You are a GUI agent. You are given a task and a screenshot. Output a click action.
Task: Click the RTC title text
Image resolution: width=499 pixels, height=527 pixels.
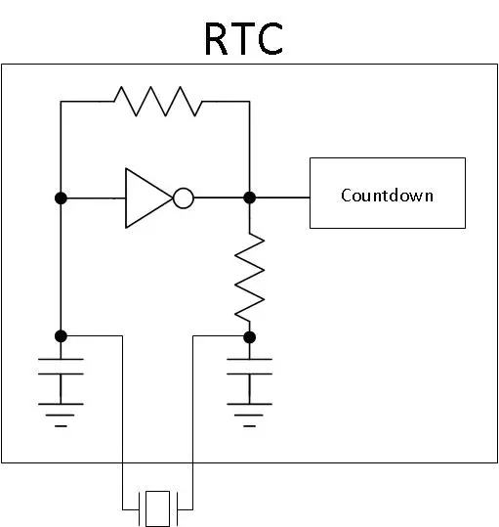tap(243, 39)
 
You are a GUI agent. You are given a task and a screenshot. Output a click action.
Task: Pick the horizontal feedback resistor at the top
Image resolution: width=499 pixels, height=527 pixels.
tap(158, 101)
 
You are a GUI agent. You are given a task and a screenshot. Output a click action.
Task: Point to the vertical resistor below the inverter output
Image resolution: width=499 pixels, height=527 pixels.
tap(249, 278)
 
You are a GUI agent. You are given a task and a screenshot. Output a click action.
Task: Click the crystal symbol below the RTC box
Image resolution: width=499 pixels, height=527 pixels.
tap(158, 508)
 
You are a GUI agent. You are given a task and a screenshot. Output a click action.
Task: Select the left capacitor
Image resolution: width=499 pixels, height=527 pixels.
tap(61, 367)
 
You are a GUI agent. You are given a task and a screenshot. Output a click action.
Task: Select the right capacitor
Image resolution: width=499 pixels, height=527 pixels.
tap(249, 367)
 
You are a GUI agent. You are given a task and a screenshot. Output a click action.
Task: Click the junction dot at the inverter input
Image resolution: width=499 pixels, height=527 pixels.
tap(61, 198)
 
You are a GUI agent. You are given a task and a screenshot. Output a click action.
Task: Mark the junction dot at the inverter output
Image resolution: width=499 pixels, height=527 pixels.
tap(249, 198)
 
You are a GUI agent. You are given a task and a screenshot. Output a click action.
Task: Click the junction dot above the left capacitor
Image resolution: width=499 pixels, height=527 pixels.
tap(61, 335)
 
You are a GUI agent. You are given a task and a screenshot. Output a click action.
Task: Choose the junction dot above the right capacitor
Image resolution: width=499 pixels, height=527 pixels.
tap(249, 337)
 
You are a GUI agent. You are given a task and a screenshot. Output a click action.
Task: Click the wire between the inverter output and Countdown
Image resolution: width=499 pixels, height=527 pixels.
tap(282, 198)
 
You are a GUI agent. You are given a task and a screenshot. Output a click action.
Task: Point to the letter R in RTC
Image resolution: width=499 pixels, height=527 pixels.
tap(217, 39)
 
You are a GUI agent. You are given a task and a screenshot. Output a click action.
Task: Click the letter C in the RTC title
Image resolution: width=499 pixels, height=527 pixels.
tap(270, 39)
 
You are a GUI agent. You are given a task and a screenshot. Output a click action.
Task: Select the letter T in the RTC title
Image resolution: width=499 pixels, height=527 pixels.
tap(242, 39)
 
